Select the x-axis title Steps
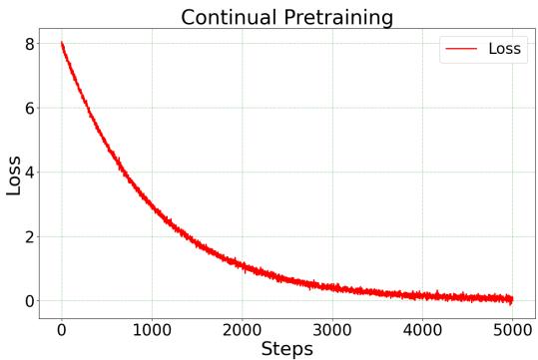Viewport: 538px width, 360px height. tap(286, 348)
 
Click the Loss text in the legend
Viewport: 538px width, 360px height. tap(505, 48)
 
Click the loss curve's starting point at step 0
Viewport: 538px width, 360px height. tap(62, 44)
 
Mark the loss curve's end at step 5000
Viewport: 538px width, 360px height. tap(512, 299)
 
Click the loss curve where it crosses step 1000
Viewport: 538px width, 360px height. tap(152, 206)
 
